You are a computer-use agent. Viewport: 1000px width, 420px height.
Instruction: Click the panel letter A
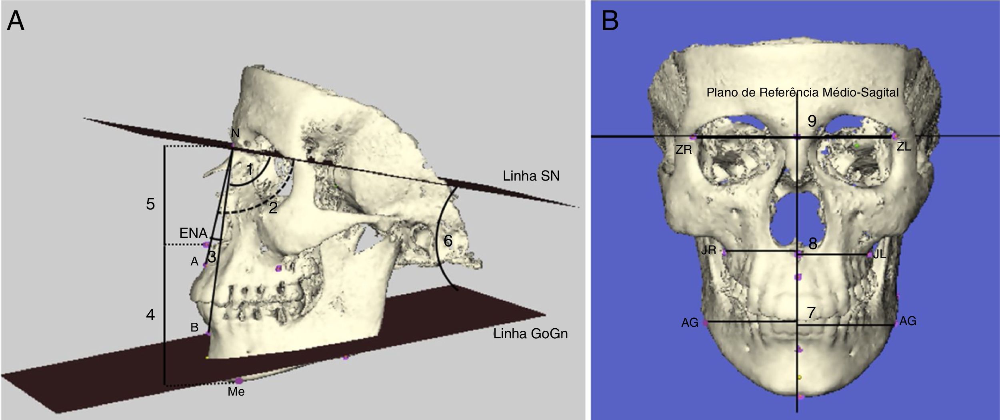tap(16, 21)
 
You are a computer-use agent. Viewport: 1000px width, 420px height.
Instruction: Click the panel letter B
tap(610, 21)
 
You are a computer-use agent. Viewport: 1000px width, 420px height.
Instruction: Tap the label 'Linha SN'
tap(531, 176)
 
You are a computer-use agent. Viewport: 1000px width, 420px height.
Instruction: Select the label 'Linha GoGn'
tap(530, 334)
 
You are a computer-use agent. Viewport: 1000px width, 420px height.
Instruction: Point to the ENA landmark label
tap(193, 233)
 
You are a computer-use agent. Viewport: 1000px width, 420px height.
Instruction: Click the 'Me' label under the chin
tap(236, 391)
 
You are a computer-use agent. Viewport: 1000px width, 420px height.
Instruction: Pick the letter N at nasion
tap(235, 133)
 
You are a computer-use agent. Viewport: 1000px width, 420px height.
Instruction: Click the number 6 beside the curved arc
tap(448, 241)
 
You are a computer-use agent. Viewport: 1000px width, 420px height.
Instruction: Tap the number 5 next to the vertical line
tap(150, 204)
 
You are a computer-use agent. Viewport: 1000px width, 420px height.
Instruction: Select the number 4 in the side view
tap(150, 315)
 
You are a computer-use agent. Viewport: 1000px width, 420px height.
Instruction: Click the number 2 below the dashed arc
tap(273, 208)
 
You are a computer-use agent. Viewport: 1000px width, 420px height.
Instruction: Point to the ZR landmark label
tap(684, 150)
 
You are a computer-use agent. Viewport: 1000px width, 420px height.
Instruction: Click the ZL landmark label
tap(904, 147)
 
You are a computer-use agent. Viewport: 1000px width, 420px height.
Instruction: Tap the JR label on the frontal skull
tap(708, 251)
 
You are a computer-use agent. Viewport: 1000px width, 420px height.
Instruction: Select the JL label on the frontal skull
tap(880, 255)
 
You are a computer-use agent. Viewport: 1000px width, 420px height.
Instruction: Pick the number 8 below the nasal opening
tap(812, 244)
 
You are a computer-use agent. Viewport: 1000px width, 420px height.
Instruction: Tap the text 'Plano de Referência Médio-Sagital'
tap(802, 93)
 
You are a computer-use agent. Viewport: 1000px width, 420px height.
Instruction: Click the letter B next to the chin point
tap(194, 328)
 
